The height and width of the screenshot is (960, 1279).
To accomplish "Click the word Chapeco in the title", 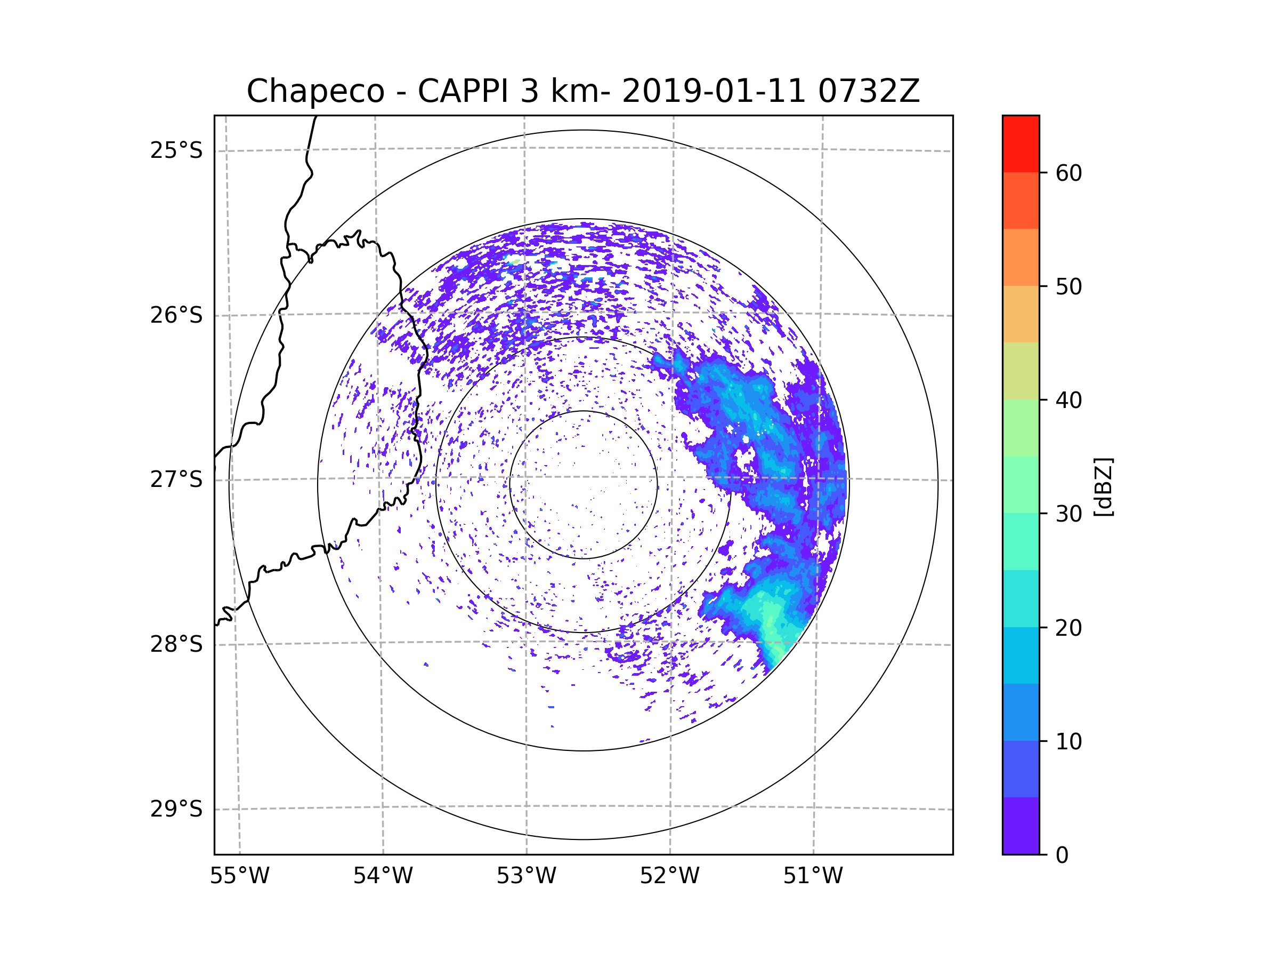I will [x=315, y=91].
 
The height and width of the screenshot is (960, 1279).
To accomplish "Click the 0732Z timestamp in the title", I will [x=868, y=91].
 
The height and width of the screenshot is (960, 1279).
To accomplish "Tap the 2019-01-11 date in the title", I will [x=713, y=91].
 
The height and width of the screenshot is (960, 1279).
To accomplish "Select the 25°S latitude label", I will [x=176, y=150].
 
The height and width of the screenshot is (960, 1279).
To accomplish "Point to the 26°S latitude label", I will [x=176, y=315].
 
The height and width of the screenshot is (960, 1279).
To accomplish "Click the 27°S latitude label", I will [x=176, y=479].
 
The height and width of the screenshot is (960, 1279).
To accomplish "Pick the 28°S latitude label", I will [x=176, y=644].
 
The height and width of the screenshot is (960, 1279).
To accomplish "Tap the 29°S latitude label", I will [x=176, y=809].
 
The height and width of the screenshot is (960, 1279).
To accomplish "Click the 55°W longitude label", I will [x=239, y=876].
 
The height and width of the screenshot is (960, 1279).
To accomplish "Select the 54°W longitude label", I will [x=383, y=876].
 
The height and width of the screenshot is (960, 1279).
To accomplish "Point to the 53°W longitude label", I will [x=526, y=876].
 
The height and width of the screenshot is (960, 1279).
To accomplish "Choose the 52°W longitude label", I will [x=669, y=876].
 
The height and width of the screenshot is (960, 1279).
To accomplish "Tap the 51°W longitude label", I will [x=813, y=876].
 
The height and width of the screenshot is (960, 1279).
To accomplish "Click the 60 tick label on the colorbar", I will [x=1068, y=173].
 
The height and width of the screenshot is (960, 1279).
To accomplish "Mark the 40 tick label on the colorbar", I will [x=1068, y=401].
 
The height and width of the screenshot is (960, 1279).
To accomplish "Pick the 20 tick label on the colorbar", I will [x=1068, y=628].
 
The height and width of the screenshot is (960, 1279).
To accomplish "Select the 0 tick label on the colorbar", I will [x=1062, y=855].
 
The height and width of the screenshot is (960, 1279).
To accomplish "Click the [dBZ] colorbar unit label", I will [x=1103, y=486].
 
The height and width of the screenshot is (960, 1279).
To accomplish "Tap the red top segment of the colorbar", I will [x=1021, y=144].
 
